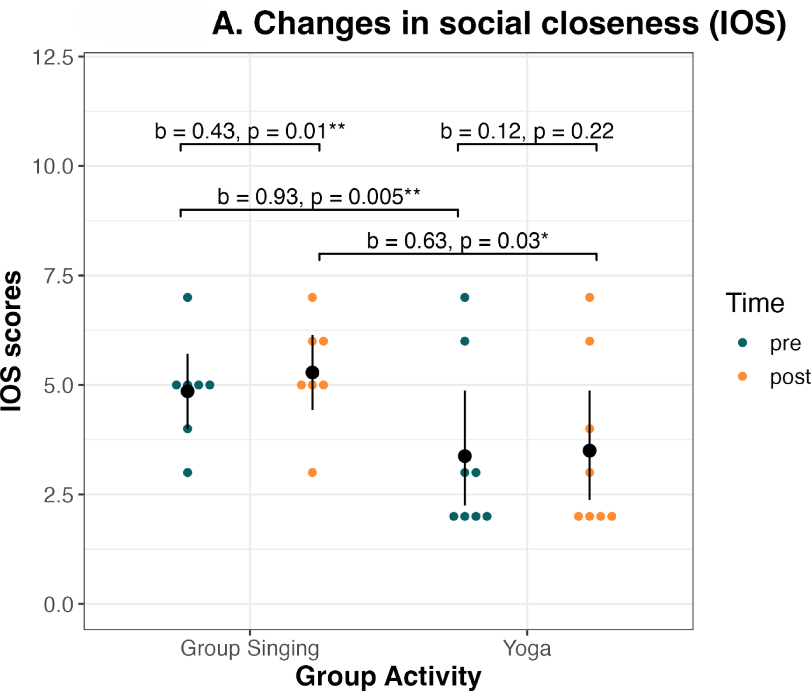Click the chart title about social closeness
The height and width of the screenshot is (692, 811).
(499, 23)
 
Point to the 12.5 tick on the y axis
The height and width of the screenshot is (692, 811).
(52, 58)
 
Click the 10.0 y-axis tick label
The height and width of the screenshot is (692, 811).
(52, 167)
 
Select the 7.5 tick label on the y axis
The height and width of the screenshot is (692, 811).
(59, 276)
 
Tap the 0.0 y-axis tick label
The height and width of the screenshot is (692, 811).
(59, 605)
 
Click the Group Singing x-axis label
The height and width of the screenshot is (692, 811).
(250, 649)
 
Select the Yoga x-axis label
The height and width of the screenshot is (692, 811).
(527, 649)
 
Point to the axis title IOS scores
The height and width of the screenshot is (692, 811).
(11, 341)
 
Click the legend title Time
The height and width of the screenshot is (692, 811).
(755, 303)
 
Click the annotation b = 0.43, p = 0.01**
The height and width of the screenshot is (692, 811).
(250, 132)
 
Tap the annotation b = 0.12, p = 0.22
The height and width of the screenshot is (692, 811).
(527, 132)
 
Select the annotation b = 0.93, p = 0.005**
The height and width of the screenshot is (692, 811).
(318, 197)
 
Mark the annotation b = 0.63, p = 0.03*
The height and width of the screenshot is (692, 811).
(457, 241)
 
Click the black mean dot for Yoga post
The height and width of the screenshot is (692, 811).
(590, 451)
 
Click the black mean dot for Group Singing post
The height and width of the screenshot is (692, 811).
(312, 373)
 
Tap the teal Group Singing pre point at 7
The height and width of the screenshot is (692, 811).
(187, 297)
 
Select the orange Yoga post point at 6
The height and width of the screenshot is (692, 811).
(590, 341)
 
